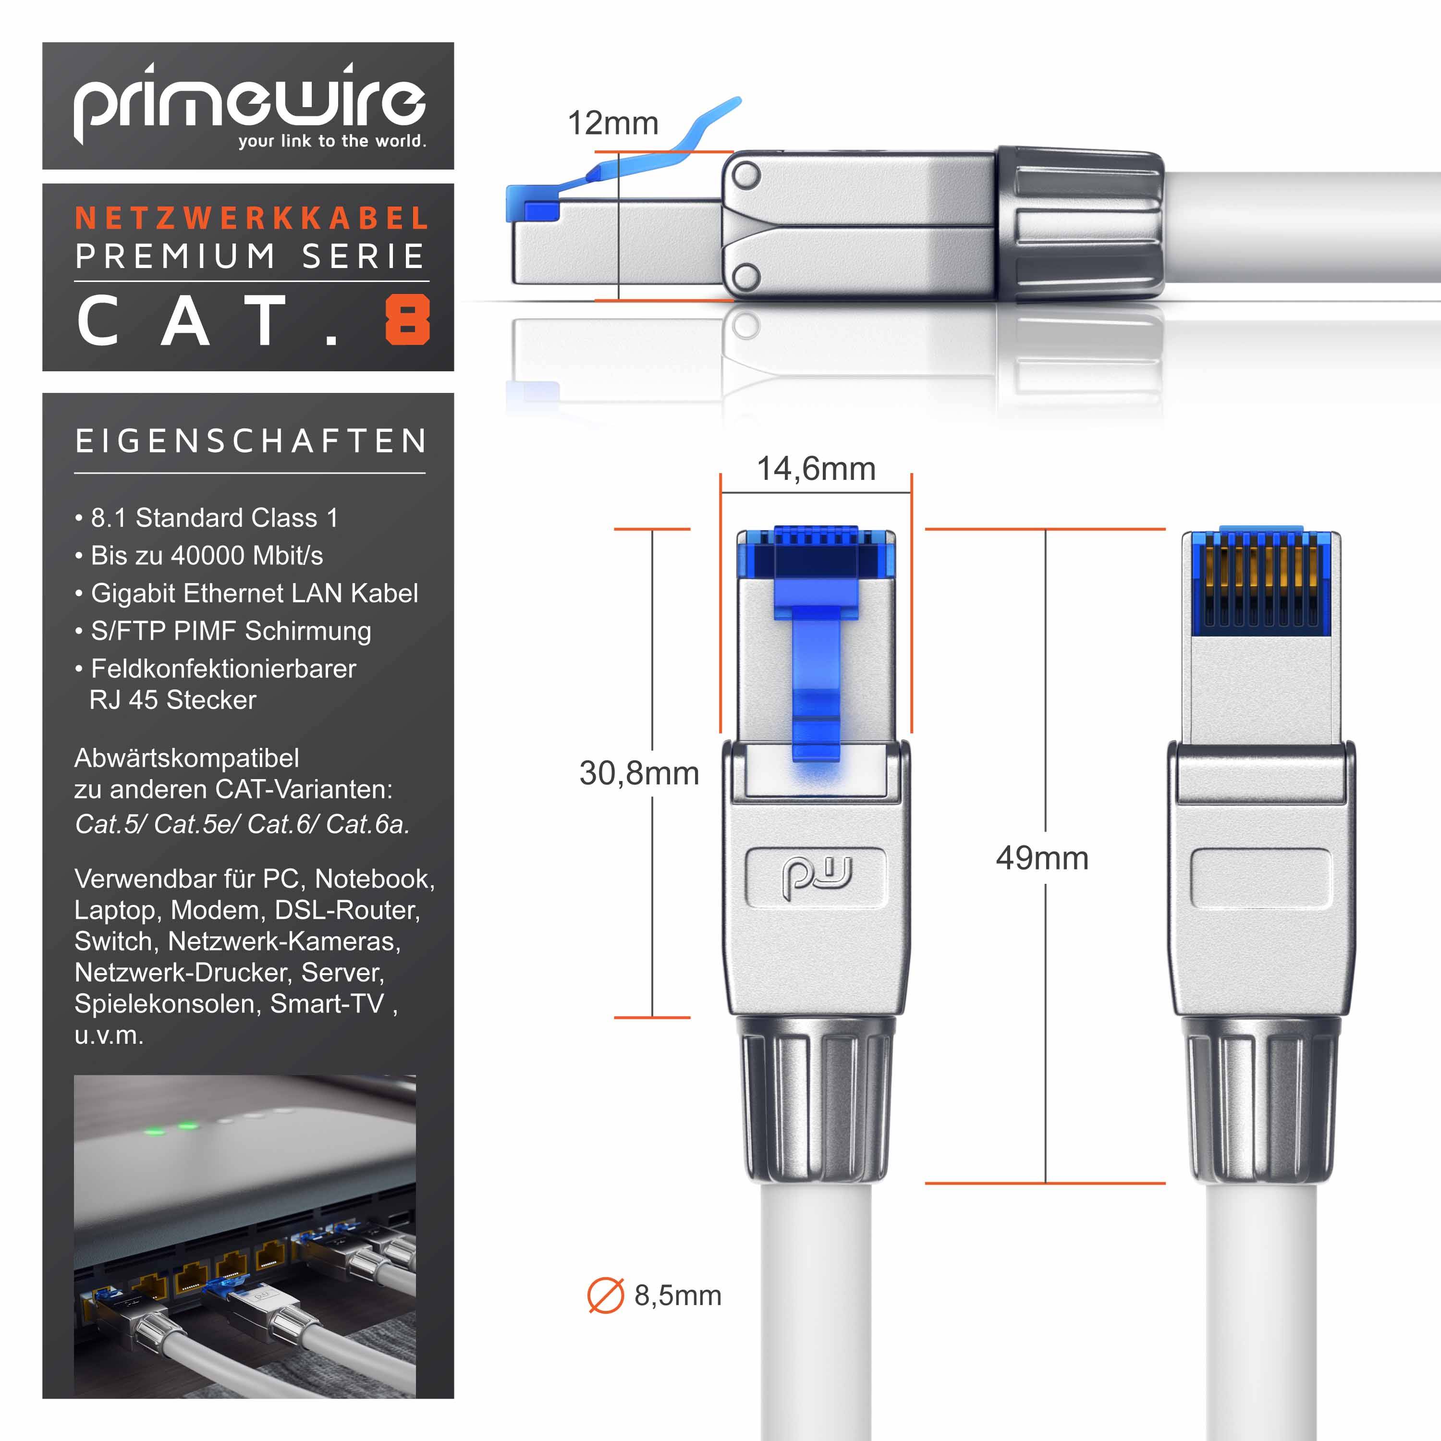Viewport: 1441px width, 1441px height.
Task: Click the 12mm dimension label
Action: (x=613, y=123)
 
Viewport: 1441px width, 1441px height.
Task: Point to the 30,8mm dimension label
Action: (x=639, y=773)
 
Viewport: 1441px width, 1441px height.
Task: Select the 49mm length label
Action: (x=1042, y=858)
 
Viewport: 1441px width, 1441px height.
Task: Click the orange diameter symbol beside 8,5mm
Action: (x=605, y=1295)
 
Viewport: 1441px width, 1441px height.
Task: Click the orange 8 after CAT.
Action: (x=407, y=320)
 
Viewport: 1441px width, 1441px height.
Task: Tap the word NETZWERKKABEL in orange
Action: (x=252, y=219)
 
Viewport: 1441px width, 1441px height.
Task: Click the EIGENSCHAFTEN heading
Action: (x=251, y=441)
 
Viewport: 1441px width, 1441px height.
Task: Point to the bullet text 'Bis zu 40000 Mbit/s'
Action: (x=207, y=556)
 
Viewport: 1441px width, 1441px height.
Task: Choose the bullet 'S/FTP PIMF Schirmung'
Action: (x=231, y=631)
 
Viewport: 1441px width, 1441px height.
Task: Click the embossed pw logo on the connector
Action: (x=816, y=879)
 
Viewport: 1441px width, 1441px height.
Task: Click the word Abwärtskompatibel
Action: (x=186, y=758)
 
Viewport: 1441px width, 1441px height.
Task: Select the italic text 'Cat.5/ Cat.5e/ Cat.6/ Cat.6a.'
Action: (x=242, y=824)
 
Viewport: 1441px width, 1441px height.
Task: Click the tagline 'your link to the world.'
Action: (x=332, y=141)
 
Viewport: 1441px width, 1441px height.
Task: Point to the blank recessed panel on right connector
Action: (x=1260, y=879)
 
